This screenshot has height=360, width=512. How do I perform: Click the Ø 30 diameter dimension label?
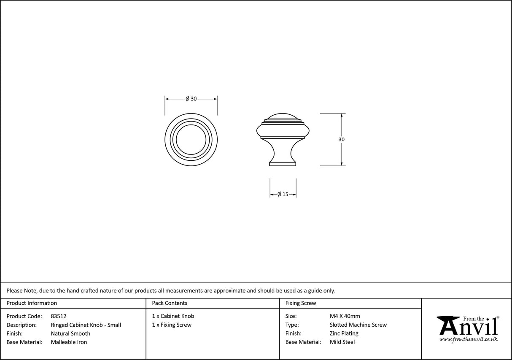click(x=191, y=99)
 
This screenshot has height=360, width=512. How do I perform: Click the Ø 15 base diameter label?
click(x=283, y=195)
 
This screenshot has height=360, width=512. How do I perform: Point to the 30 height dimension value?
click(x=341, y=139)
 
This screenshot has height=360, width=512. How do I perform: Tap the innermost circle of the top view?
click(x=191, y=139)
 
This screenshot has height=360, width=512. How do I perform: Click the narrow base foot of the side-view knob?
click(x=283, y=164)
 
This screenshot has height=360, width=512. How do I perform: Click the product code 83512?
click(x=58, y=316)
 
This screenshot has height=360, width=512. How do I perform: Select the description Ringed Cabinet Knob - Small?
click(x=86, y=325)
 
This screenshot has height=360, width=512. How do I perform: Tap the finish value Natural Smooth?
click(x=70, y=333)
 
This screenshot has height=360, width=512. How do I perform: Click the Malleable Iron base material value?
click(x=69, y=342)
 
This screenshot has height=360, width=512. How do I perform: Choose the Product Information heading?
click(x=32, y=303)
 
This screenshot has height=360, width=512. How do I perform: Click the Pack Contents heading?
click(x=170, y=303)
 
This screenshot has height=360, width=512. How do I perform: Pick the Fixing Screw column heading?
click(x=301, y=303)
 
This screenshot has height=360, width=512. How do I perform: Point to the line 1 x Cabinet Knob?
click(x=173, y=316)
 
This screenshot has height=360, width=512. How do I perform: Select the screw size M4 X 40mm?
click(x=345, y=316)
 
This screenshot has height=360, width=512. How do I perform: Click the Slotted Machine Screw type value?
click(x=358, y=325)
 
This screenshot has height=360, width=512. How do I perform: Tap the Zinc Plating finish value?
click(x=344, y=333)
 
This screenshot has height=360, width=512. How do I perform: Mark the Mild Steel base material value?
click(x=342, y=342)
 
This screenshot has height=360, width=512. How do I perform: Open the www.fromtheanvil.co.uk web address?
click(x=468, y=339)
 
